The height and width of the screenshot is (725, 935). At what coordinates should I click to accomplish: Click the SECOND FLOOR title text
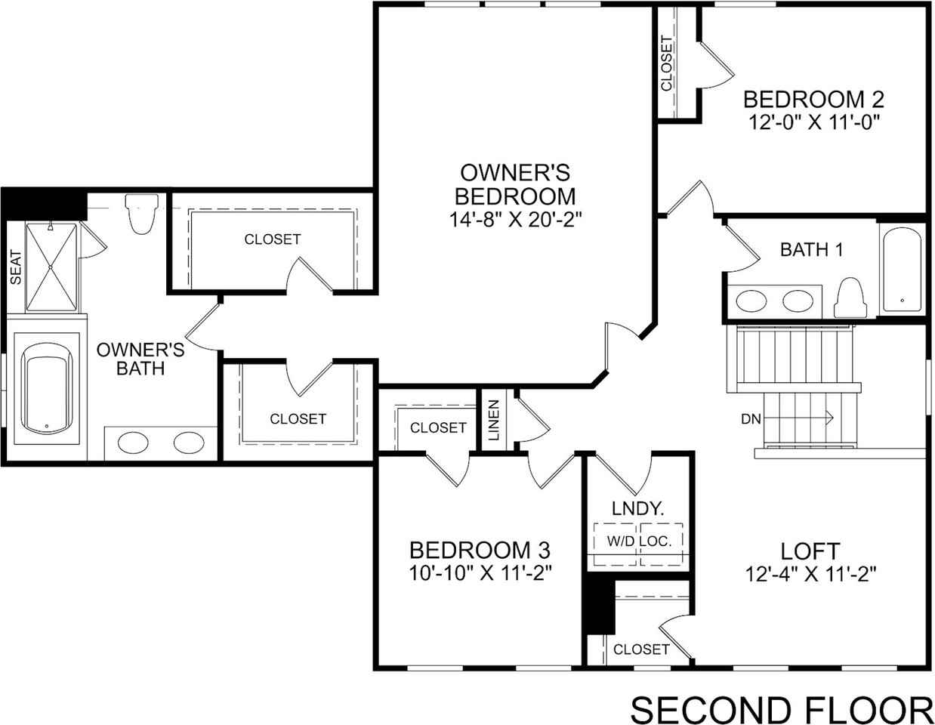click(x=781, y=711)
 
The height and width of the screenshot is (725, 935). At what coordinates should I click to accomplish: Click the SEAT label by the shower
click(x=16, y=267)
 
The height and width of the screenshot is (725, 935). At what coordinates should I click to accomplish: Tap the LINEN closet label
click(x=493, y=421)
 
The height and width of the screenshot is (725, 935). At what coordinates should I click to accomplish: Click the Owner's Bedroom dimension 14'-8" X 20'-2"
click(x=514, y=219)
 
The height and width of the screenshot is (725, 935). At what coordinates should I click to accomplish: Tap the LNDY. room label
click(x=638, y=509)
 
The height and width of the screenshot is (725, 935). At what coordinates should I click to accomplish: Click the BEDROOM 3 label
click(x=479, y=549)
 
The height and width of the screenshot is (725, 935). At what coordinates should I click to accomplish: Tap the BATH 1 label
click(x=811, y=249)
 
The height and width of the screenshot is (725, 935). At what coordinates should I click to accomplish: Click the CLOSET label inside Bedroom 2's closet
click(x=666, y=63)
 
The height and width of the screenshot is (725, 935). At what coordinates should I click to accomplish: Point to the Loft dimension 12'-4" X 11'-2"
click(x=810, y=574)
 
